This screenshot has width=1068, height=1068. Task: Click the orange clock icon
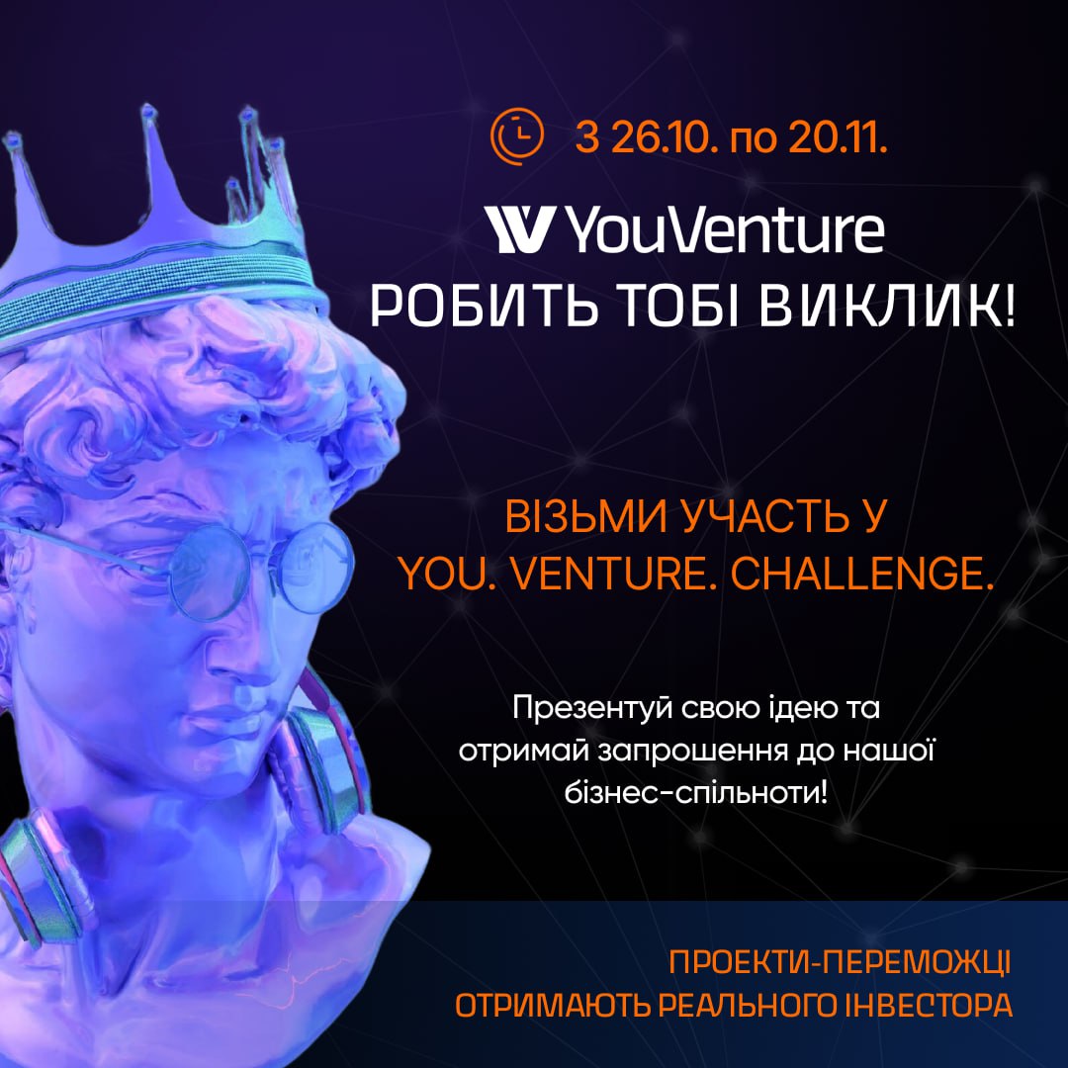[517, 136]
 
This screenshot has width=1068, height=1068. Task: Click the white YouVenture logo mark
[517, 229]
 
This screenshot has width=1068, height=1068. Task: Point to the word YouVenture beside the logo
[726, 229]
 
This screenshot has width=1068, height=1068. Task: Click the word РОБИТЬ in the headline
[483, 306]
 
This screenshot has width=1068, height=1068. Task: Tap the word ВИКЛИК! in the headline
[887, 306]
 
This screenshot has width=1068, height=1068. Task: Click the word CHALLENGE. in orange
[862, 575]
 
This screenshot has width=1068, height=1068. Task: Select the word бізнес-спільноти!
[696, 793]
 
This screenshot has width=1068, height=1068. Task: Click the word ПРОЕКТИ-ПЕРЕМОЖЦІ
[840, 962]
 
